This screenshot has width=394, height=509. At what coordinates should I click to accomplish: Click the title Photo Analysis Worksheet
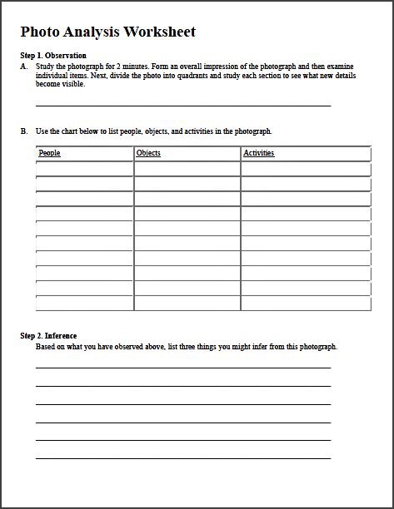(107, 32)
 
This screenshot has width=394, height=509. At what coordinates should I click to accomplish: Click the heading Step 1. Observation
(53, 56)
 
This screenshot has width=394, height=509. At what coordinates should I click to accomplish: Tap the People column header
(50, 153)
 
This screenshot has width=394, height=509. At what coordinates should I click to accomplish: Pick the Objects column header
(148, 153)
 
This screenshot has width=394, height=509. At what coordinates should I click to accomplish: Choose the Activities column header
(258, 153)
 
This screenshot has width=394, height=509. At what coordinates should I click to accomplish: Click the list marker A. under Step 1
(24, 66)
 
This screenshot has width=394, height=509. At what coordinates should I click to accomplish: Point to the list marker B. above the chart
(24, 131)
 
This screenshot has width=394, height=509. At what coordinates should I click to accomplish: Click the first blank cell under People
(84, 169)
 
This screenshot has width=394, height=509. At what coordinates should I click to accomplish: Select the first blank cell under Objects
(187, 169)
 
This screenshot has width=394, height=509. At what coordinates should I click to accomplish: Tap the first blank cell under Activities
(305, 169)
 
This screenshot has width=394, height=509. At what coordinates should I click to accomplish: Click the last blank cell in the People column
(84, 303)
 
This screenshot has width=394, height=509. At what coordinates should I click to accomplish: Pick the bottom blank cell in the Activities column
(305, 303)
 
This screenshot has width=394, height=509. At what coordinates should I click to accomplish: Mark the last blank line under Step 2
(183, 457)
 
